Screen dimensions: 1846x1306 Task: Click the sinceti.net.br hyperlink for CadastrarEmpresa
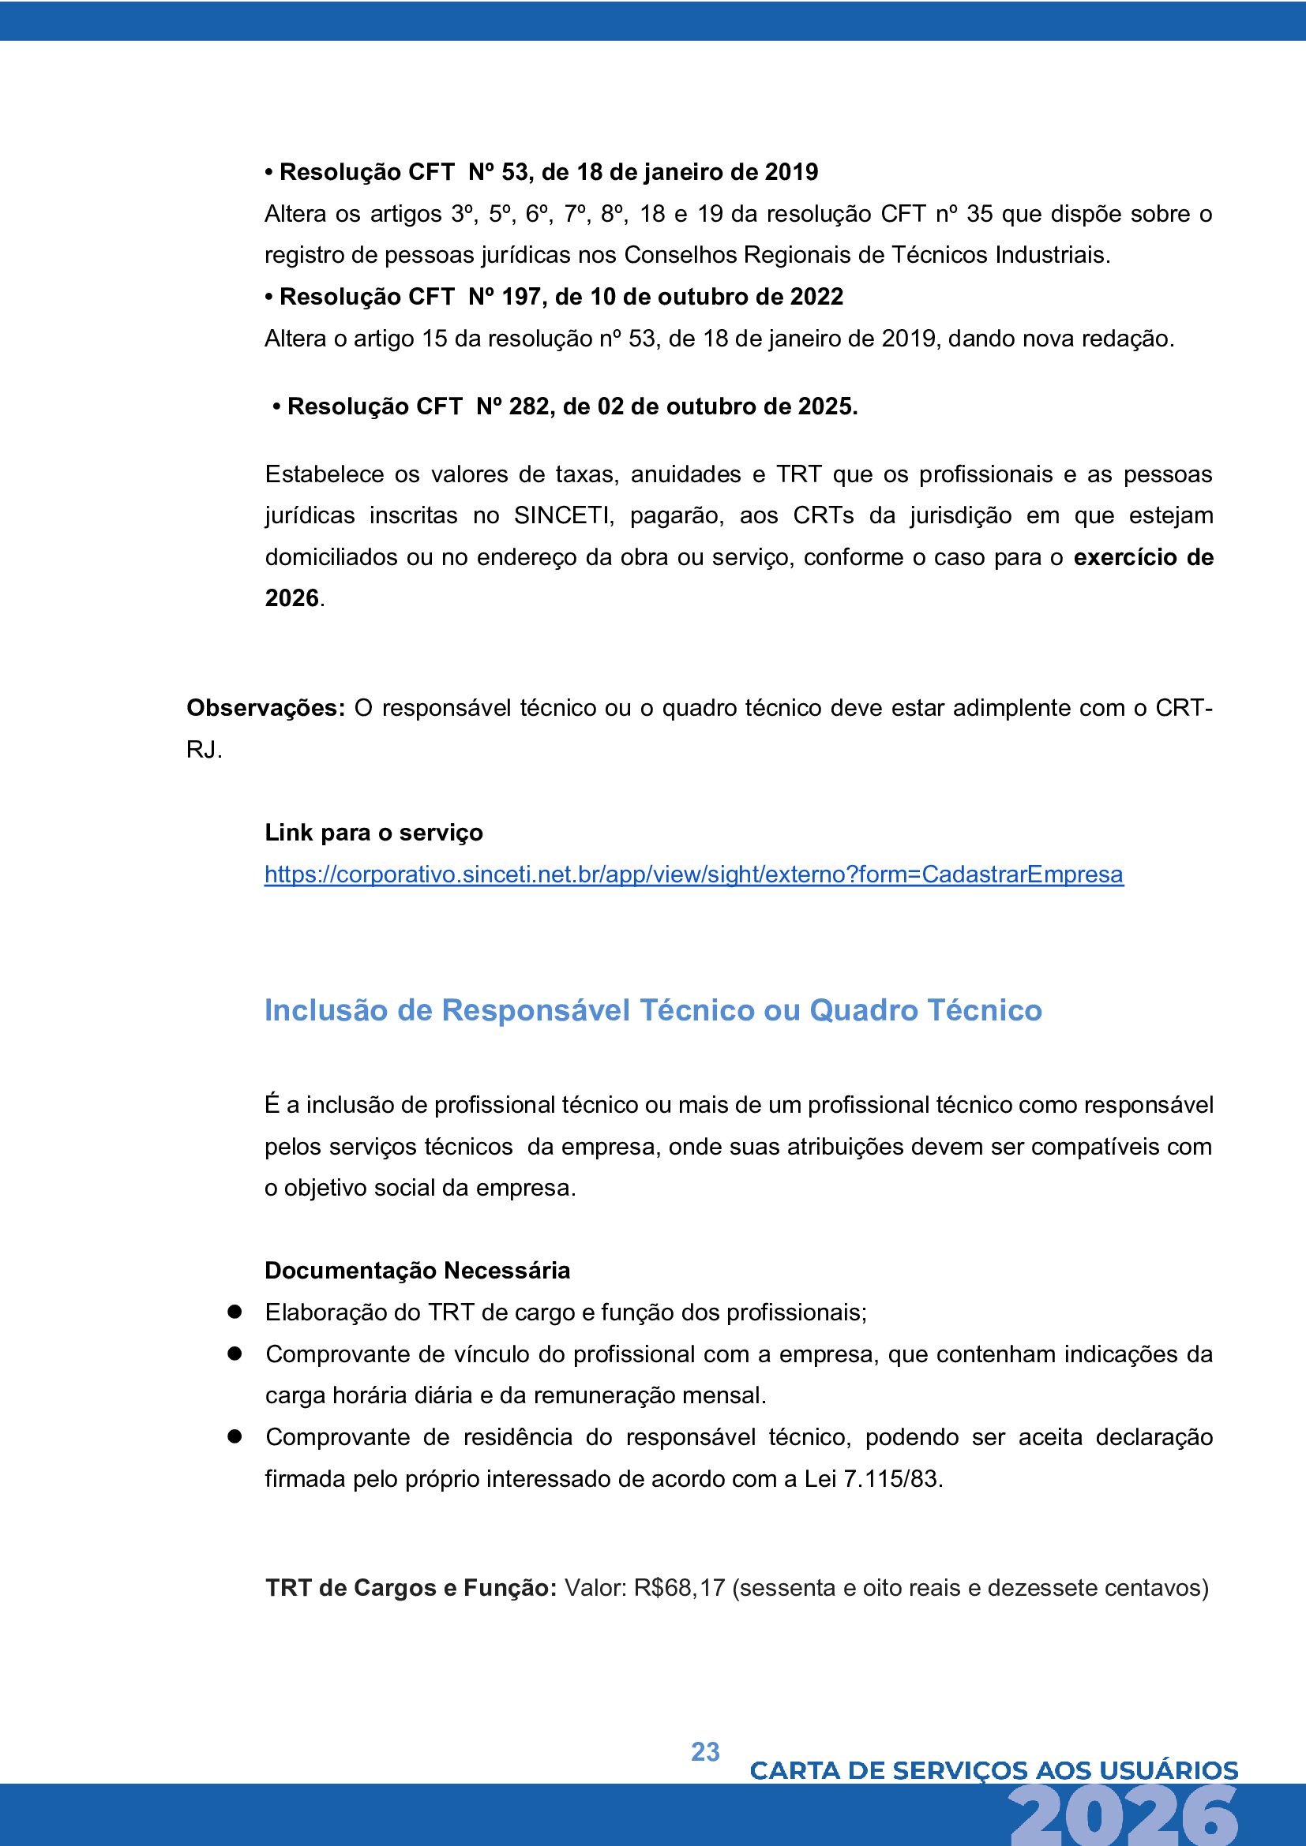pos(693,874)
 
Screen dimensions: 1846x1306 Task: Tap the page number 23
pos(705,1751)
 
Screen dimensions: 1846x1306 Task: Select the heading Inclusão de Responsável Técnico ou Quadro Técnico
pos(653,1010)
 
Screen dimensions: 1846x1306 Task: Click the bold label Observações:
pos(265,707)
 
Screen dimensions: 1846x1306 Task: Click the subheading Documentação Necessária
pos(418,1271)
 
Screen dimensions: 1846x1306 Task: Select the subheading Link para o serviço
pos(374,832)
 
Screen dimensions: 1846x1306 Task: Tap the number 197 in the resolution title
pos(521,297)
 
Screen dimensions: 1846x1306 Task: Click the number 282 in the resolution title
pos(528,406)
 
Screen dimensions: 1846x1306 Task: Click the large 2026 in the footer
pos(1124,1818)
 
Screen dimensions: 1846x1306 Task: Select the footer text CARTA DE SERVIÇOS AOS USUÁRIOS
pos(993,1770)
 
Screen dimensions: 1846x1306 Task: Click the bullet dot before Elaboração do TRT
pos(235,1312)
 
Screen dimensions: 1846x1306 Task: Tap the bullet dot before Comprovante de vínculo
pos(235,1354)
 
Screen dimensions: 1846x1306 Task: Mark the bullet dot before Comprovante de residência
pos(235,1436)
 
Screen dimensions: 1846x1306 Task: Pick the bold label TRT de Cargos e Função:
pos(410,1588)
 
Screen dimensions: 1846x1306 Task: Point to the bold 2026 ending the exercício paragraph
pos(292,598)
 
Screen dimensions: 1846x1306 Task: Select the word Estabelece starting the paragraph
pos(324,474)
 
